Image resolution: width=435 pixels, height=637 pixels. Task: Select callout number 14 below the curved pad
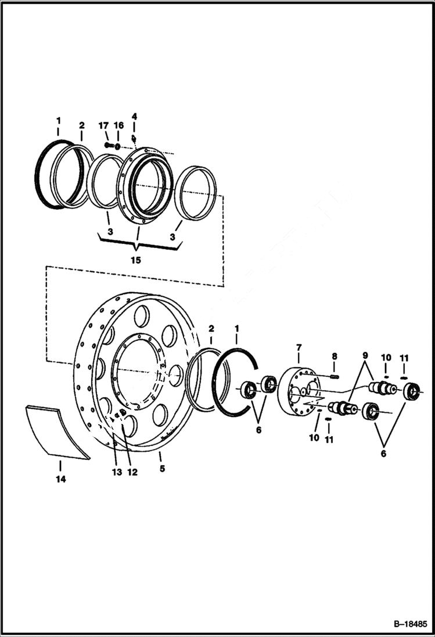(x=60, y=479)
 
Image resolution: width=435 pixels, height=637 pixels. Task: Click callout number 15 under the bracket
(x=135, y=260)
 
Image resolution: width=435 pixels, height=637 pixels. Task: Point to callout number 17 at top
(x=104, y=125)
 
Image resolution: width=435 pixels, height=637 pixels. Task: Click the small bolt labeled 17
(x=109, y=145)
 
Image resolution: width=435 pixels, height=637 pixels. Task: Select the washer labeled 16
(x=118, y=146)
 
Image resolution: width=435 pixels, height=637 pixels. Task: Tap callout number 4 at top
(x=134, y=116)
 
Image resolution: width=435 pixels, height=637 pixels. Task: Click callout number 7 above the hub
(x=299, y=348)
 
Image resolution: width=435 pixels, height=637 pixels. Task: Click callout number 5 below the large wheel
(x=162, y=468)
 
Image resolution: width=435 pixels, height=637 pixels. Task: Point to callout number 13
(x=117, y=472)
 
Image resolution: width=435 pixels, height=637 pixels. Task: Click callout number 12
(x=132, y=472)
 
